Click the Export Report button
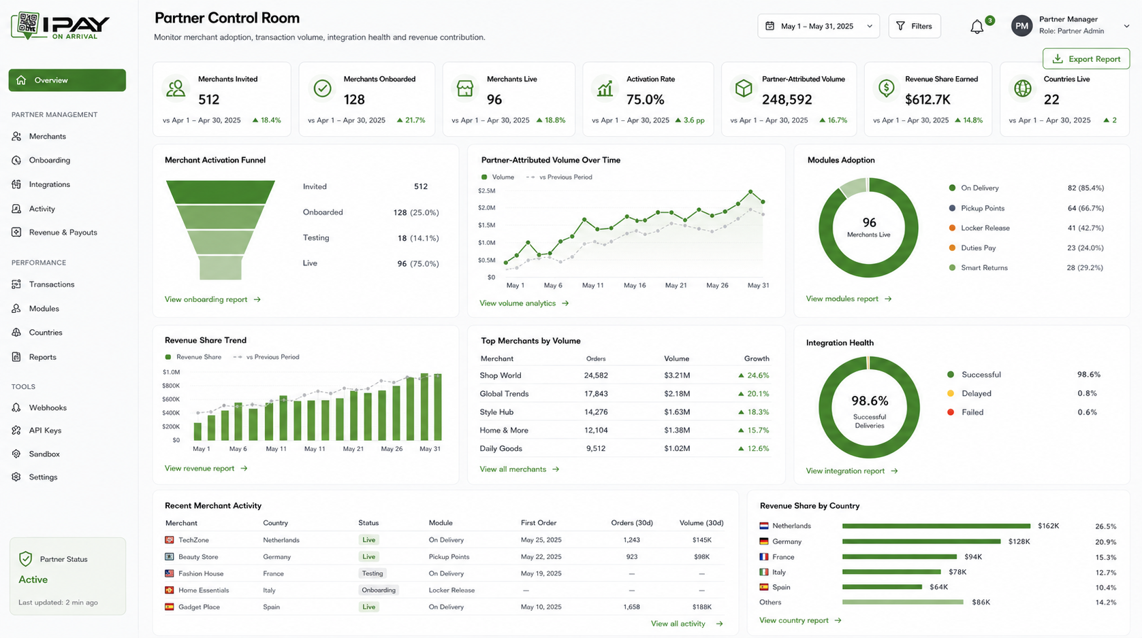1086,59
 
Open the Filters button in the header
915,26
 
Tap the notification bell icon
977,27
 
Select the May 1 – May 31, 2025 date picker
819,26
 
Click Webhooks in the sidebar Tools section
48,407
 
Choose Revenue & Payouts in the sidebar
63,232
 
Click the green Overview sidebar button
67,80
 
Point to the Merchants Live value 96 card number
494,99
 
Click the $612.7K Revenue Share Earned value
927,99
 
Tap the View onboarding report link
212,299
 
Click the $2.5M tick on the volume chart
486,191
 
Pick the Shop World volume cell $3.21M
676,375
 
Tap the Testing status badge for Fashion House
372,573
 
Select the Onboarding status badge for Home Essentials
379,590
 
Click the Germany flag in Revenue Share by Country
763,541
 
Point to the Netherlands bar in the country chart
936,526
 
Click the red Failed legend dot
951,412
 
